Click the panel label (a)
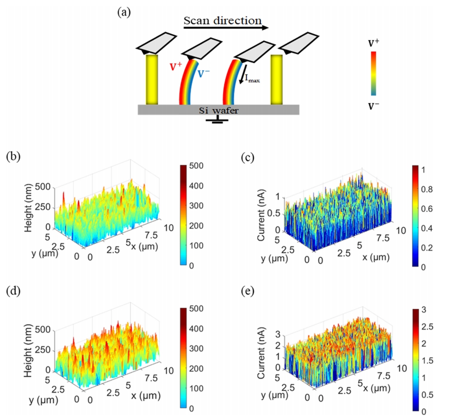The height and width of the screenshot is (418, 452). [124, 12]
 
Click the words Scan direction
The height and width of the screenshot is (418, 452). [223, 21]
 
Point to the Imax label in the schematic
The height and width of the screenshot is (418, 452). [253, 80]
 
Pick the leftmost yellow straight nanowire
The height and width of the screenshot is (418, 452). [152, 79]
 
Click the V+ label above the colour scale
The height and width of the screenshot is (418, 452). [374, 44]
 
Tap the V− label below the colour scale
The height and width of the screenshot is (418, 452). [374, 106]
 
